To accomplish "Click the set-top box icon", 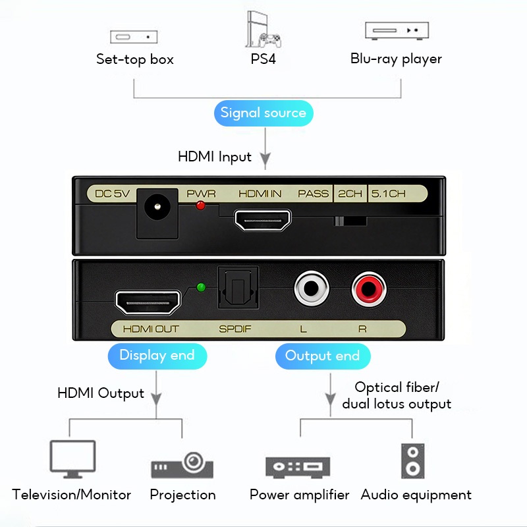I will point(134,37).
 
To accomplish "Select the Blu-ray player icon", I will point(397,30).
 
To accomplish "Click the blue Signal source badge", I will point(263,113).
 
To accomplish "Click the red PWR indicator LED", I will point(201,206).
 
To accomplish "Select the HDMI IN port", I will point(263,220).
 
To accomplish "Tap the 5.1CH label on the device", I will point(388,194).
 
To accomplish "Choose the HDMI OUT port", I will point(148,302).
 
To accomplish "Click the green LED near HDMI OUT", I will point(201,288).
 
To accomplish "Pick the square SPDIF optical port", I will point(235,291).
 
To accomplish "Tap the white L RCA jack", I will point(311,289).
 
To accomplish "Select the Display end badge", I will point(157,356).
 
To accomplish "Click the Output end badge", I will point(322,356).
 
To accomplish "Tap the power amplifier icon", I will point(297,466).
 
